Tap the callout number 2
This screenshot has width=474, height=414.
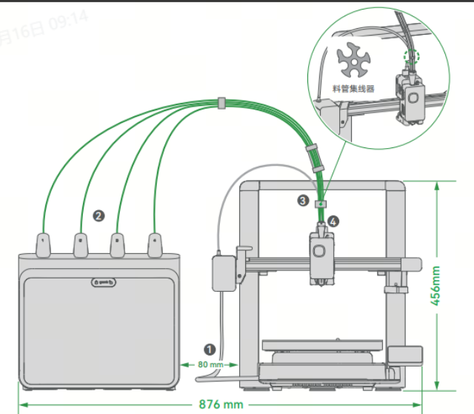click(x=99, y=216)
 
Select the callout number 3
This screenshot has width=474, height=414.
click(x=303, y=200)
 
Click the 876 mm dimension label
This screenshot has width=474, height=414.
click(x=221, y=404)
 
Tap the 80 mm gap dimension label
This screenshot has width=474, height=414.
click(x=211, y=364)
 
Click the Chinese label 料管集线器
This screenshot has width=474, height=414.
click(x=353, y=88)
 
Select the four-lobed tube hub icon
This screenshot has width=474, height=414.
click(x=353, y=61)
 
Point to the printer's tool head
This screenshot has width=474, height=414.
click(x=321, y=256)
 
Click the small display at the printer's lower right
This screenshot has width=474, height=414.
click(x=403, y=355)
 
